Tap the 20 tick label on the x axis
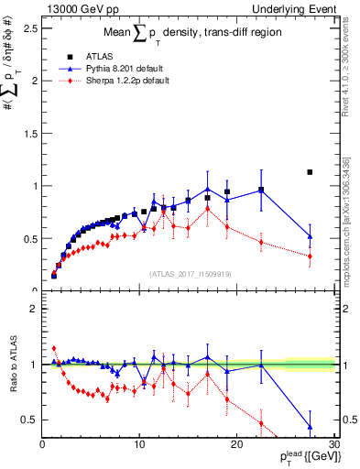[x=236, y=445]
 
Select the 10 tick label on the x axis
[x=139, y=445]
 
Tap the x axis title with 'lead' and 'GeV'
[x=302, y=458]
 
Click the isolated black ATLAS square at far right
[x=310, y=171]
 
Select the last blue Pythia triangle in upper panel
[x=310, y=236]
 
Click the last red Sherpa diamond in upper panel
[x=310, y=256]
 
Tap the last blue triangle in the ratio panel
[x=310, y=427]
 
